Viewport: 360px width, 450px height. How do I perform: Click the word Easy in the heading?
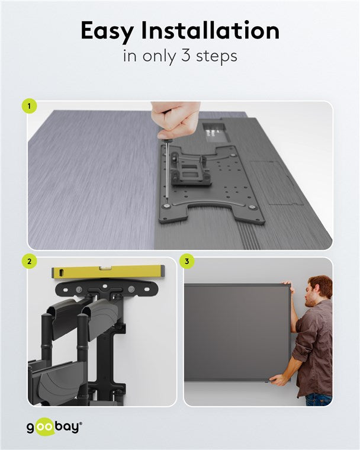[107, 31]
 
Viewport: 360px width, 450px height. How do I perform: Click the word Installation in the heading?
[210, 30]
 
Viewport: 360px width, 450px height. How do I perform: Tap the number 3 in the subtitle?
[186, 56]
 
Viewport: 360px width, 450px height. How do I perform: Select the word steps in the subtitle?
[217, 56]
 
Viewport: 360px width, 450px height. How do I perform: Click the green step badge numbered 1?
[29, 106]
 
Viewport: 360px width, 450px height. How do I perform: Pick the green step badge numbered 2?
[29, 262]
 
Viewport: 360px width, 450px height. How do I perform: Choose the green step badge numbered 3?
[187, 262]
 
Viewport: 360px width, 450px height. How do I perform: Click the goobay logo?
[54, 427]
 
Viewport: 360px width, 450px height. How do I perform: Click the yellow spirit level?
[108, 272]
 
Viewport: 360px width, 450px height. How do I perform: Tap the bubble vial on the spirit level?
[105, 268]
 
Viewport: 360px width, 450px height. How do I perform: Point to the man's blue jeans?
[319, 399]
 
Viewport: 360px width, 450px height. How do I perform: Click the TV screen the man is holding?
[237, 332]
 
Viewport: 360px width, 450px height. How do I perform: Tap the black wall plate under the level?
[107, 288]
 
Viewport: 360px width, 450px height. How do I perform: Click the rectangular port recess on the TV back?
[216, 132]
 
